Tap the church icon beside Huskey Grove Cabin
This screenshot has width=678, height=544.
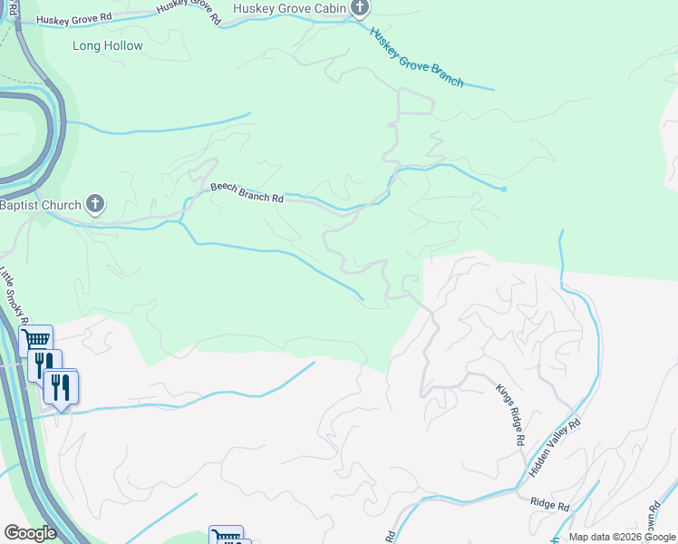coord(360,8)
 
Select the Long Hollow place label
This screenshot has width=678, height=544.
coord(108,45)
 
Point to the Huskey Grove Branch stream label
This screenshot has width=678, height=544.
coord(417,56)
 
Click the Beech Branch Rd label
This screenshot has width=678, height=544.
coord(247,192)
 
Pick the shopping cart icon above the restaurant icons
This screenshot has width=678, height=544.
coord(35,340)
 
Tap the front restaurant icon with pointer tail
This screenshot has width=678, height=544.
coord(61,387)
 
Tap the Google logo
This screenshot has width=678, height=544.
coord(30,533)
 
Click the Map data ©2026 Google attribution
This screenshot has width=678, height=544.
coord(623,537)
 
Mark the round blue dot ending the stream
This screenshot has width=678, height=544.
coord(503,189)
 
